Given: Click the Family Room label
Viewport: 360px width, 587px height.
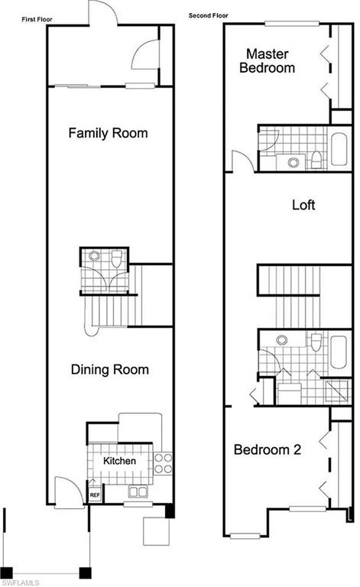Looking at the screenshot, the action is [x=108, y=133].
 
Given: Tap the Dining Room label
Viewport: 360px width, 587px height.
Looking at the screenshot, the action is [x=109, y=369].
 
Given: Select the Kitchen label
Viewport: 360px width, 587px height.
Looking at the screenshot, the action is [x=119, y=460].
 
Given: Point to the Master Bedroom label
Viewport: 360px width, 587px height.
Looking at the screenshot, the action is [x=268, y=60].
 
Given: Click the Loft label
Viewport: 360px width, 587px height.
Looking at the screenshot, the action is [x=303, y=205].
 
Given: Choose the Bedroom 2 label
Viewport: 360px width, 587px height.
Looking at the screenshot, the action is [x=268, y=449].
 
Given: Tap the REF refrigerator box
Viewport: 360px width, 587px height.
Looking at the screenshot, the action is [x=95, y=495].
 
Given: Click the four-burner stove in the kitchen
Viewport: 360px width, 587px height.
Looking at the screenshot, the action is [x=163, y=463].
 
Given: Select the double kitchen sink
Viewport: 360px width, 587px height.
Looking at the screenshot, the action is [x=138, y=491].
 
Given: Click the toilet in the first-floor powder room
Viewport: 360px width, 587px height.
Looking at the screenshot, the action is [x=117, y=258].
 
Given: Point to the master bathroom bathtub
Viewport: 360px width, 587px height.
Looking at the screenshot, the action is [x=339, y=149].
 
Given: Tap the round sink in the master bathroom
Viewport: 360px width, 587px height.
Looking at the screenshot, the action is [x=294, y=163].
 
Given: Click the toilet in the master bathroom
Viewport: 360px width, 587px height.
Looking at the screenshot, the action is [x=316, y=159].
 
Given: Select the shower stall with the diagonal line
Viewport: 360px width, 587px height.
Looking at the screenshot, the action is [x=337, y=391].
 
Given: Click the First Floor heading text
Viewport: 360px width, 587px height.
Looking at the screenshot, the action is [x=37, y=19].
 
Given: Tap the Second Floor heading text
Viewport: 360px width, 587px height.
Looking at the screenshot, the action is [x=209, y=15].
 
